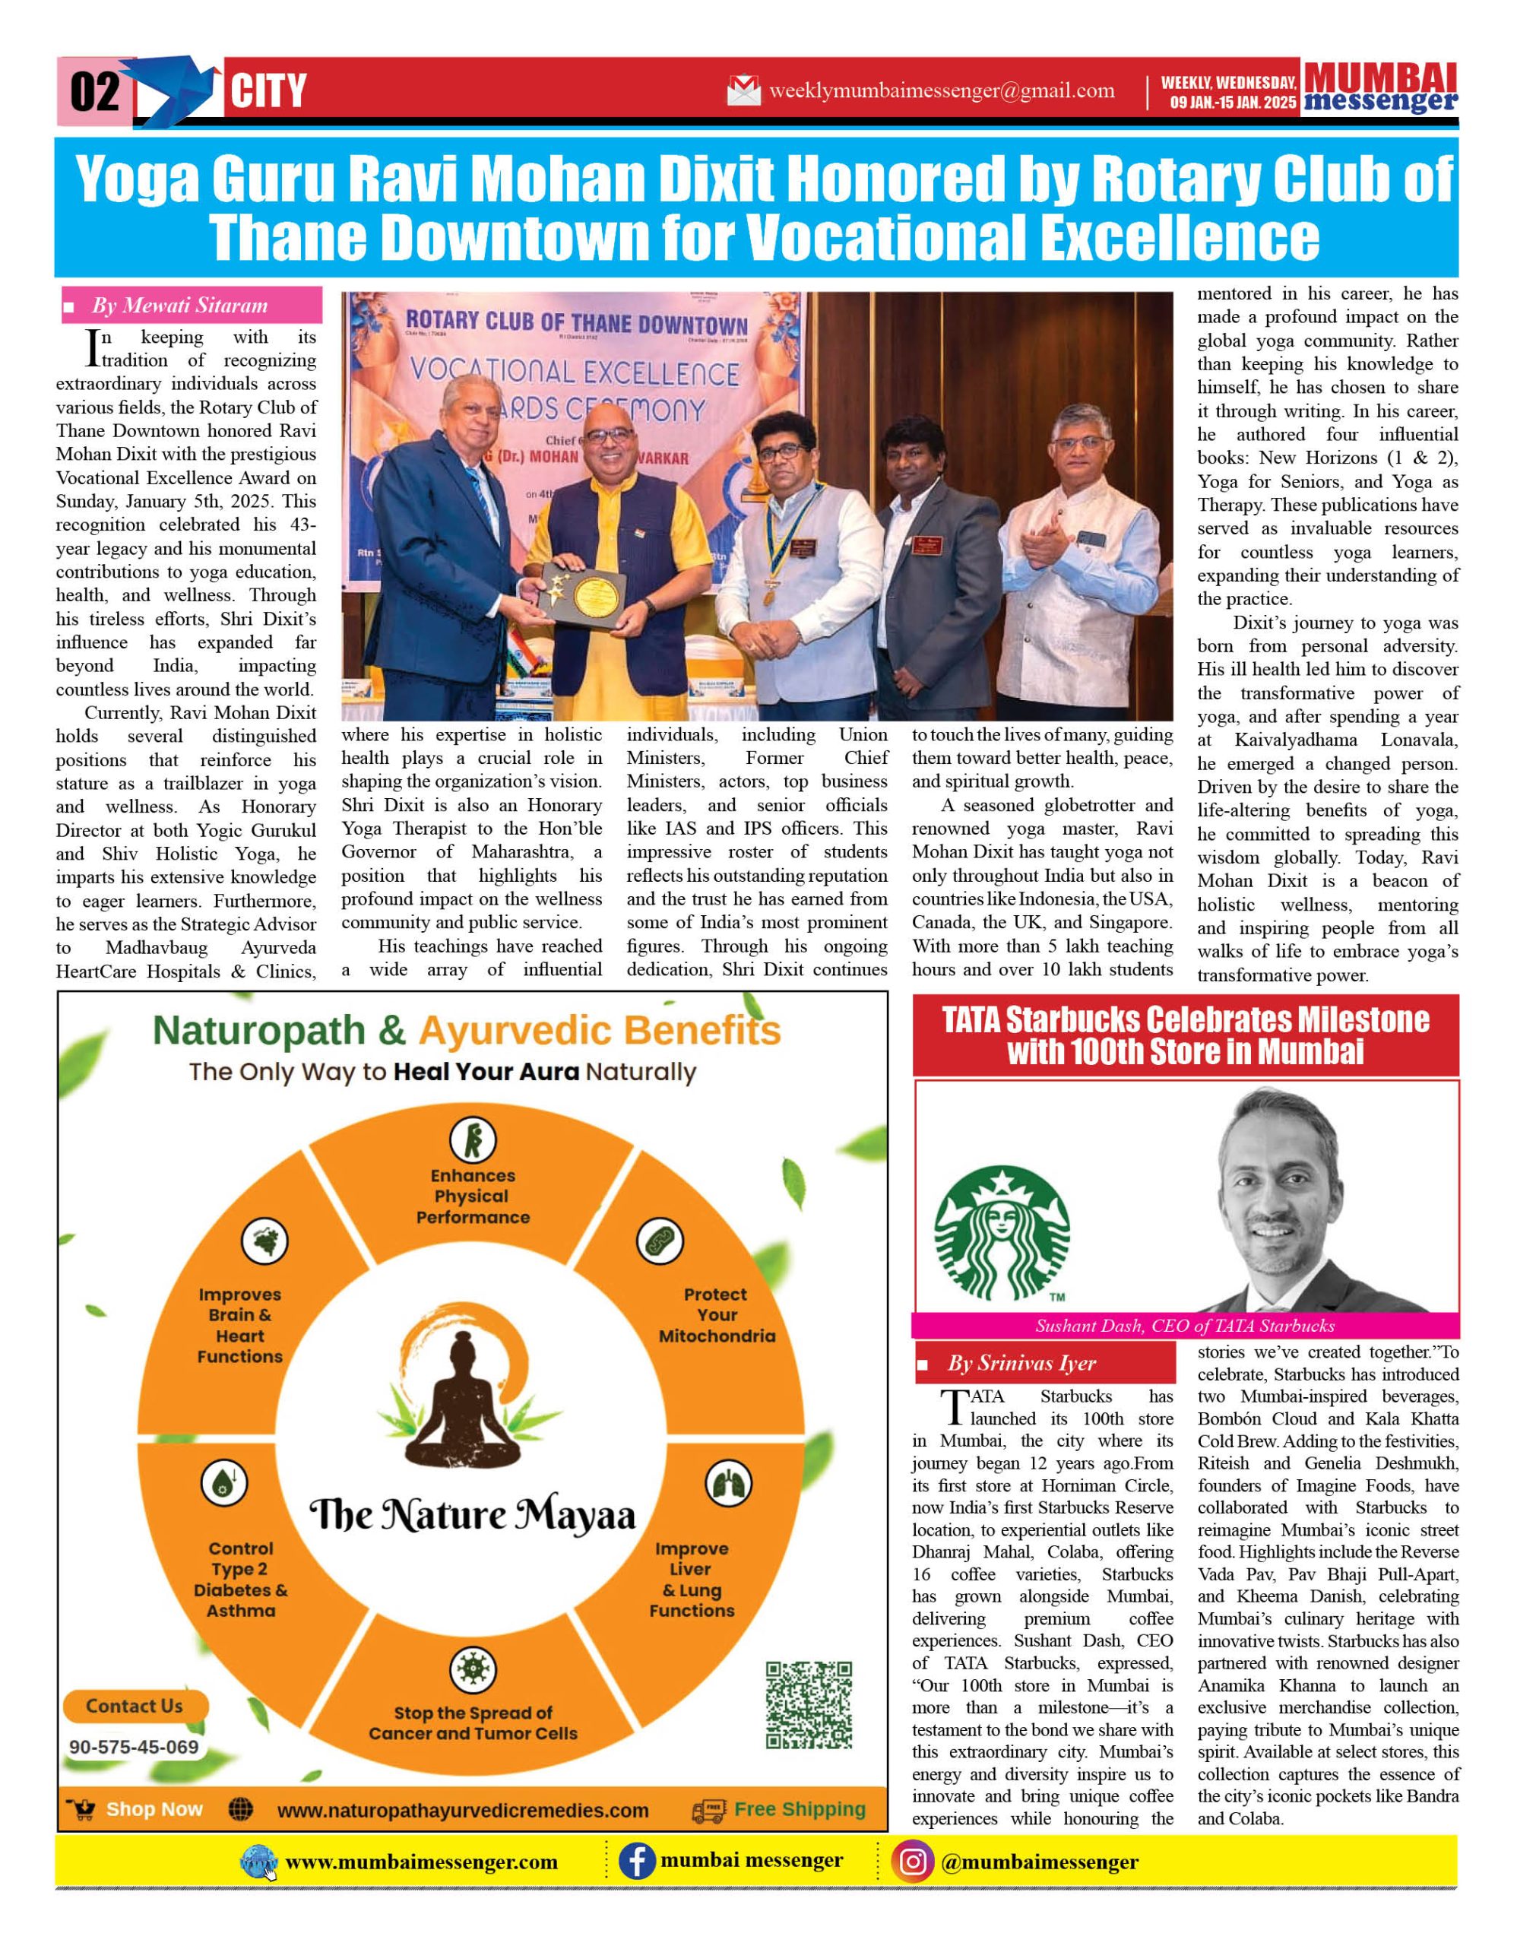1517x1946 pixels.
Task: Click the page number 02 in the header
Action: [x=94, y=92]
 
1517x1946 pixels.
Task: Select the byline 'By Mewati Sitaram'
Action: [x=180, y=306]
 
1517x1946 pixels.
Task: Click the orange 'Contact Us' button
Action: [x=135, y=1707]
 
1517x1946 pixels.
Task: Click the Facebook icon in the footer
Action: [x=637, y=1862]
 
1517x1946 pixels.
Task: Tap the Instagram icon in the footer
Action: [x=913, y=1862]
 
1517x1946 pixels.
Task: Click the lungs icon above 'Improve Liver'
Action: [x=728, y=1485]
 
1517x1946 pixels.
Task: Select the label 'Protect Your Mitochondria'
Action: [x=716, y=1315]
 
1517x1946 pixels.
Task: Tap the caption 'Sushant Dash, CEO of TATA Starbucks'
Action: [x=1185, y=1326]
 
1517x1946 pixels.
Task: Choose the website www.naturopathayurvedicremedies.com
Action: [x=462, y=1811]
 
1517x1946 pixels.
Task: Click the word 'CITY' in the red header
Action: [x=268, y=92]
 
